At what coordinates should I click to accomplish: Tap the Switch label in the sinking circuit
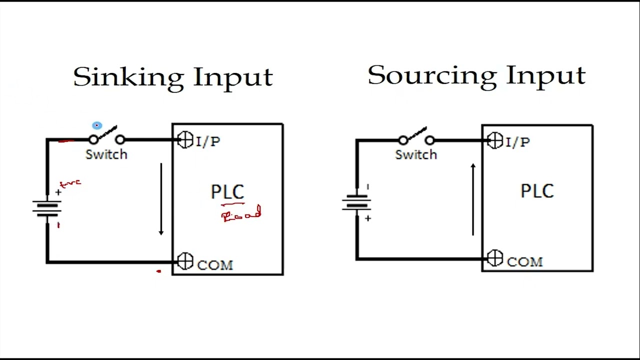click(106, 154)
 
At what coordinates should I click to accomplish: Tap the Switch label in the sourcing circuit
click(416, 155)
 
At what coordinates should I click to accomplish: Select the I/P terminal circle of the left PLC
click(185, 140)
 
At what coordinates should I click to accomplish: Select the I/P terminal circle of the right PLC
click(495, 141)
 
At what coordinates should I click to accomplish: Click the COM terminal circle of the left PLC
click(185, 261)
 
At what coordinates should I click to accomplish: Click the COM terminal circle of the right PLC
click(495, 258)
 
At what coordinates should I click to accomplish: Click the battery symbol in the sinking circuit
click(47, 208)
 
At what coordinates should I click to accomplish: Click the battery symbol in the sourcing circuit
click(356, 202)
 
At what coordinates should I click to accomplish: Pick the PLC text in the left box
click(227, 192)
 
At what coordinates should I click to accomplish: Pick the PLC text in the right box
click(537, 191)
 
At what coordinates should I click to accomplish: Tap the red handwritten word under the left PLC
click(242, 215)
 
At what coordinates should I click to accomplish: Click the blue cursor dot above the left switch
click(97, 125)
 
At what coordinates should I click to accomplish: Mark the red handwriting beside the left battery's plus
click(70, 184)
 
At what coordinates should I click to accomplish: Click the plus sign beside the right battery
click(368, 218)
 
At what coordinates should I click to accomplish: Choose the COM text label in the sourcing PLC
click(524, 262)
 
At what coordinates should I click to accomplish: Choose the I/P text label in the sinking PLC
click(208, 142)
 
